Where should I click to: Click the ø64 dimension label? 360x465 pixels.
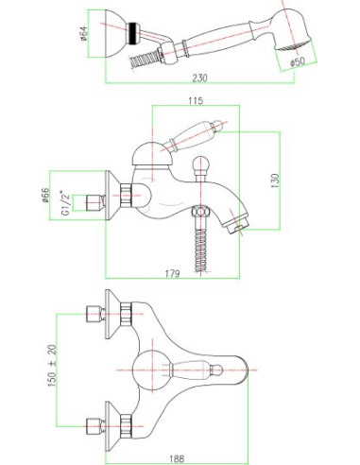(x=83, y=34)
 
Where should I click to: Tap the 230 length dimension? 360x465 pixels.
(x=199, y=77)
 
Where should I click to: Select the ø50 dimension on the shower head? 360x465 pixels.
(x=297, y=61)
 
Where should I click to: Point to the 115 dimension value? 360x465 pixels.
(x=196, y=101)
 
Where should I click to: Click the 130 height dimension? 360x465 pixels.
(x=275, y=181)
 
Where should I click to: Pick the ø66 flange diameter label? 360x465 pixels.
(x=46, y=196)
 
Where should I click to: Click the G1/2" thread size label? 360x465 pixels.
(x=65, y=202)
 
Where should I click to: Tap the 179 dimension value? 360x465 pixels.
(x=172, y=274)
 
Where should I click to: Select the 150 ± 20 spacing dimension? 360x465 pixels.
(x=53, y=366)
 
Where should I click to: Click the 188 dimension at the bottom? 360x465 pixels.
(x=177, y=458)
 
